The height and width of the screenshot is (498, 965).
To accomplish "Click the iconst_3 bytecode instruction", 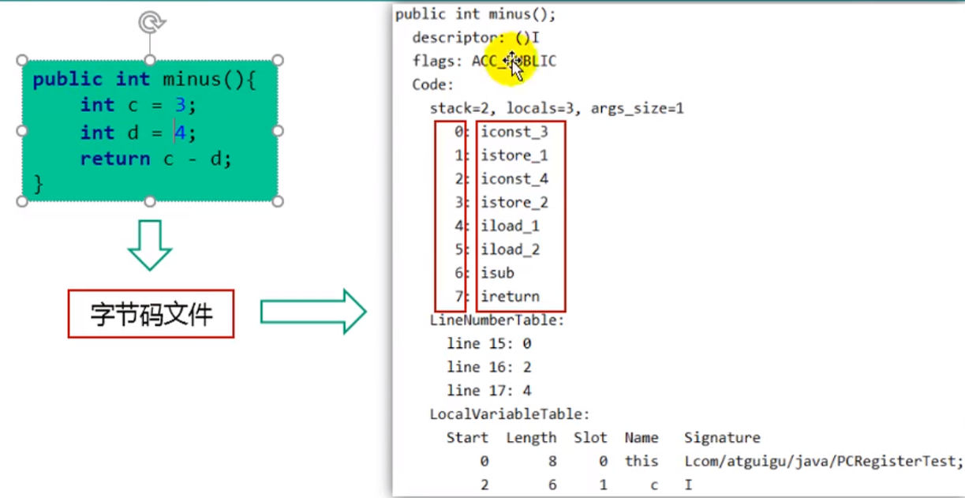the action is pos(514,132).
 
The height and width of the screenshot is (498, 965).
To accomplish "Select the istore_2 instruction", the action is pos(514,203).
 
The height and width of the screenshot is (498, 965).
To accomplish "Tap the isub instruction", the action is pos(497,273).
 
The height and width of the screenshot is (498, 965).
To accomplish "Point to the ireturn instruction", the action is pos(510,297).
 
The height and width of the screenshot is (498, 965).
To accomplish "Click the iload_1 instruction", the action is pos(510,227).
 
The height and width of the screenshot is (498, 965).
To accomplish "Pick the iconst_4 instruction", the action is pos(514,179).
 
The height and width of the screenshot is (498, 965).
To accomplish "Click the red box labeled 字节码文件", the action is pos(151,315).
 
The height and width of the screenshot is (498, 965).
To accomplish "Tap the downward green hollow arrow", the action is pos(150,245).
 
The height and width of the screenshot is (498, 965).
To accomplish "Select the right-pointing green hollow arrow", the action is pos(313,312).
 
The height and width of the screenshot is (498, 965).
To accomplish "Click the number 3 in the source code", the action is pos(180,106).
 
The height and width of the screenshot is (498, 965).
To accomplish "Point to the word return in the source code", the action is pos(114,159).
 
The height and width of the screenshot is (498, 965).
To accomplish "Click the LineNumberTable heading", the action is pos(497,320).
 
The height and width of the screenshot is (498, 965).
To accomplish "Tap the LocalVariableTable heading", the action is pos(510,414).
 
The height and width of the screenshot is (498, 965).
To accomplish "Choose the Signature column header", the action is pos(722,438).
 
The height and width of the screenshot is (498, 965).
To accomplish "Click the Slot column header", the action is pos(590,438).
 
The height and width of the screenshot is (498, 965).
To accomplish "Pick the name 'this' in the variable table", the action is pos(641,462).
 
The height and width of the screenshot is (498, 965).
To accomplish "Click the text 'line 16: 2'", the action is pos(489,367).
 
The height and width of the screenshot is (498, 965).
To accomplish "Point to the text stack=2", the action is pos(463,108).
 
